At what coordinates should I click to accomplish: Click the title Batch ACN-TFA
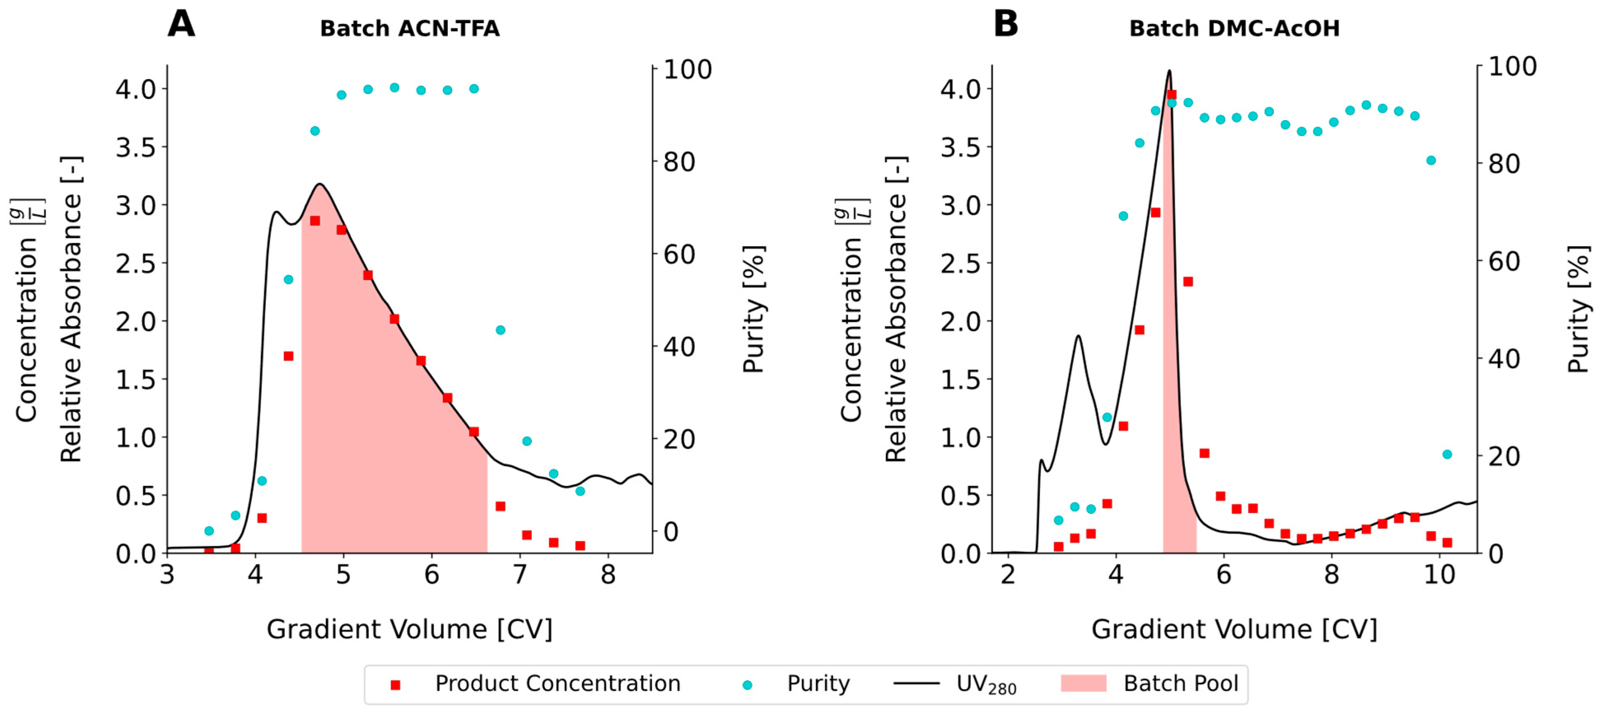(410, 28)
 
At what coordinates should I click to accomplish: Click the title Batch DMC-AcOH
(1234, 28)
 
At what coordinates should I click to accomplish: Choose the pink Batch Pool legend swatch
(1083, 683)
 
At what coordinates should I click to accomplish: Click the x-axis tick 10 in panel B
(1439, 575)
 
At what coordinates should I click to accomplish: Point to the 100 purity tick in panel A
(687, 69)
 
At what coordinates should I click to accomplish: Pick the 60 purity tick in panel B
(1504, 261)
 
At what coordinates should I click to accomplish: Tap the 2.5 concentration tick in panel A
(136, 263)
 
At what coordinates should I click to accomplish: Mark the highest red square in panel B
(1172, 95)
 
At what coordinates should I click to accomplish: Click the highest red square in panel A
(315, 221)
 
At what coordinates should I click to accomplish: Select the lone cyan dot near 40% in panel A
(500, 330)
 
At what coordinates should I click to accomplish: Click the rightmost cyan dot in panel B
(1447, 454)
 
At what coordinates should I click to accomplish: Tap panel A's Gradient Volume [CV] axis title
(410, 629)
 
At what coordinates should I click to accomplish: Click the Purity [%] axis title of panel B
(1578, 309)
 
